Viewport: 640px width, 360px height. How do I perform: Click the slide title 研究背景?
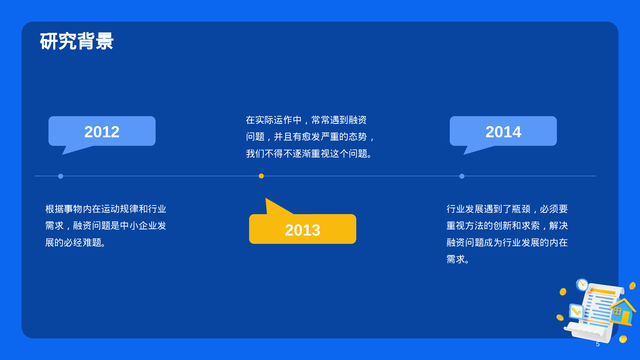point(77,41)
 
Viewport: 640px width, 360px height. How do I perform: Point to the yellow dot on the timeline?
point(261,176)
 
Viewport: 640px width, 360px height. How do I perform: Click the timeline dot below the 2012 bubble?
point(60,176)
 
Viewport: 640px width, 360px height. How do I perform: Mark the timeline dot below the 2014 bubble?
point(462,176)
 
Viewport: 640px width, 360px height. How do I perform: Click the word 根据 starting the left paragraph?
point(54,209)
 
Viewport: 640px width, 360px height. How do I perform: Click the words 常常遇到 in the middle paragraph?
point(330,120)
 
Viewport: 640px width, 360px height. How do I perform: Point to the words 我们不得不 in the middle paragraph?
point(269,154)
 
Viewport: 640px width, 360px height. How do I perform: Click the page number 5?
point(598,344)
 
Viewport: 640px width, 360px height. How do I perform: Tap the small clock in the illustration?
point(582,284)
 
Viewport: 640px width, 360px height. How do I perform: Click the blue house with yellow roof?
point(623,312)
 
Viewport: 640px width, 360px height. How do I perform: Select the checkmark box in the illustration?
point(576,311)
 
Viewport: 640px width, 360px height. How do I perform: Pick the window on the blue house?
point(617,311)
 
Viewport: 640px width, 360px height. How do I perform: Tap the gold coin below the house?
point(623,339)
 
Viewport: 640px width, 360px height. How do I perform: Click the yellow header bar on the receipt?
point(603,291)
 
